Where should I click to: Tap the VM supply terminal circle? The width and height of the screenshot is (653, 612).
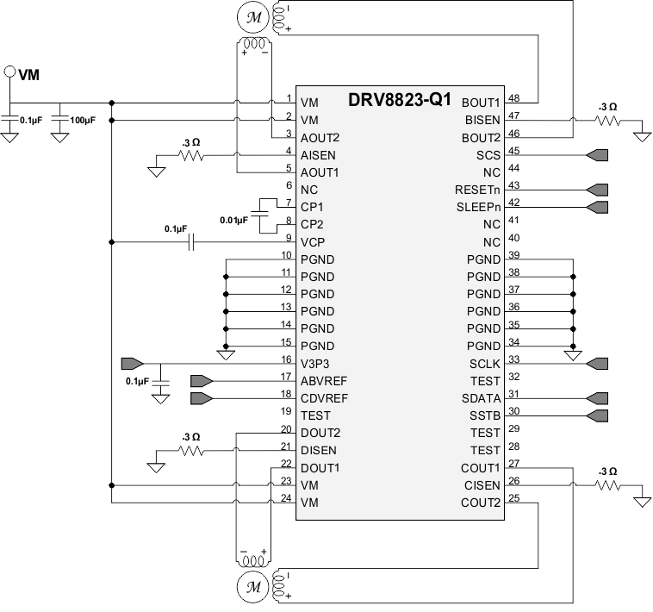[x=10, y=73]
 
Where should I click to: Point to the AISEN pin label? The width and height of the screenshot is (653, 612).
[x=319, y=155]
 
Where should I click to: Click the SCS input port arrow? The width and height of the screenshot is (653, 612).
[x=597, y=155]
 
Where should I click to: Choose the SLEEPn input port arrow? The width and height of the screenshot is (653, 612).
[x=597, y=207]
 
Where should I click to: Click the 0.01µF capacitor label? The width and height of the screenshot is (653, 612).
[x=233, y=221]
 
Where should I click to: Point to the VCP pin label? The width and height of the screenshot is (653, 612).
[x=314, y=242]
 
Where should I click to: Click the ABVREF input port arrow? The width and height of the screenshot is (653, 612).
[x=201, y=380]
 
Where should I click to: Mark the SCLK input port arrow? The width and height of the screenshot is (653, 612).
[x=597, y=364]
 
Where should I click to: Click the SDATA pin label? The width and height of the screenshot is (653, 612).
[x=481, y=397]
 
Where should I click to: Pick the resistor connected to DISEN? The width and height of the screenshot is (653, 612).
[x=190, y=450]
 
